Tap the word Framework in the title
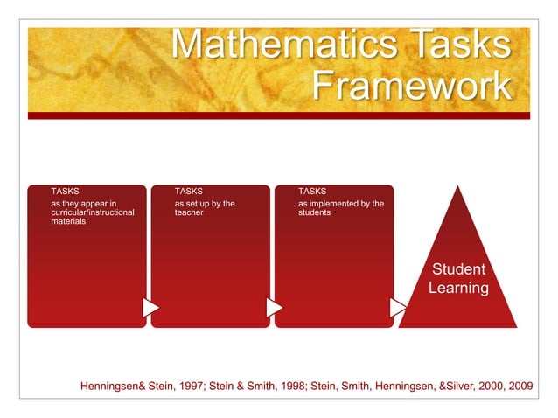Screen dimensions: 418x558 point(410,86)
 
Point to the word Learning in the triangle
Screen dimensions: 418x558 point(458,288)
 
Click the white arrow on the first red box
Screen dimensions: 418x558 point(150,308)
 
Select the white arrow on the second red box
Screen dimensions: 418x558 point(274,308)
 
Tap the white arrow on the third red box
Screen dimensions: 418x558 point(398,308)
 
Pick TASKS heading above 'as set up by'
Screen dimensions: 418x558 point(189,191)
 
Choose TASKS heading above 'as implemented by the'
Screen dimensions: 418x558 point(312,191)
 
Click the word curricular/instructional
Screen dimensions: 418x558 point(93,212)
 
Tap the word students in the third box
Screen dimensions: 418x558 point(314,212)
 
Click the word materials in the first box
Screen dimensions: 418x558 point(68,221)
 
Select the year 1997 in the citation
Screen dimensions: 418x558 point(191,386)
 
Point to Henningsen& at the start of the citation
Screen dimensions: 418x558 point(113,386)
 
